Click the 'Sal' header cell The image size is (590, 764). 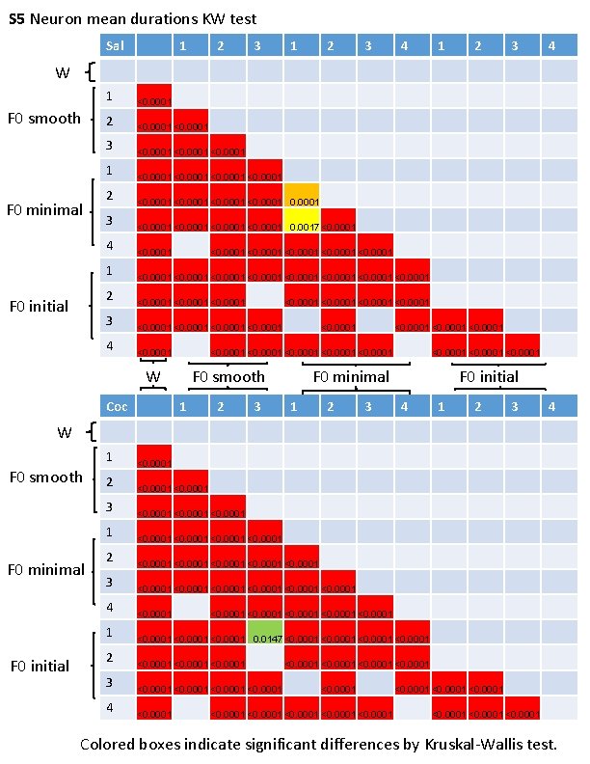coord(117,45)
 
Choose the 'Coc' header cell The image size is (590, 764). coord(117,407)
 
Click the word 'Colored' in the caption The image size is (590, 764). coord(107,745)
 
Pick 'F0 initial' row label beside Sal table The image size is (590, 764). coord(40,306)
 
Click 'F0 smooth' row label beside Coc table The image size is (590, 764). coord(44,477)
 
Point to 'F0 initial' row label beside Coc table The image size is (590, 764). coord(40,666)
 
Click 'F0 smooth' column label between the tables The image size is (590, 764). coord(228,377)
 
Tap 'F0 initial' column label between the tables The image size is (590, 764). coord(489,377)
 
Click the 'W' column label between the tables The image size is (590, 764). coord(152,376)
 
